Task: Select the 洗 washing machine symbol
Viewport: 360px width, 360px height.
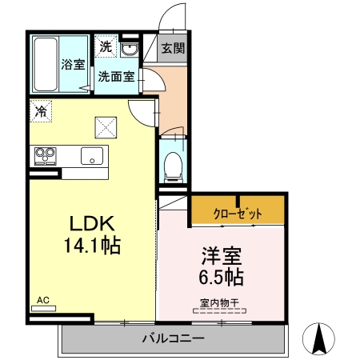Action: point(106,47)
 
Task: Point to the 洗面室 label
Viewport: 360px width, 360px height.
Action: point(116,78)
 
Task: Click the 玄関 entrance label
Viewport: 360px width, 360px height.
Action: point(171,47)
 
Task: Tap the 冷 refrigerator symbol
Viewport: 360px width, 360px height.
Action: point(40,111)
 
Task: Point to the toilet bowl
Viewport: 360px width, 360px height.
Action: point(171,166)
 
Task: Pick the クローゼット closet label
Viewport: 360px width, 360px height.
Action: point(237,213)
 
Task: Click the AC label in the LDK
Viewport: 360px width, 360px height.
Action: point(43,301)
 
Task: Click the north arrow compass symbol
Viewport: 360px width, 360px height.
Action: point(320,339)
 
